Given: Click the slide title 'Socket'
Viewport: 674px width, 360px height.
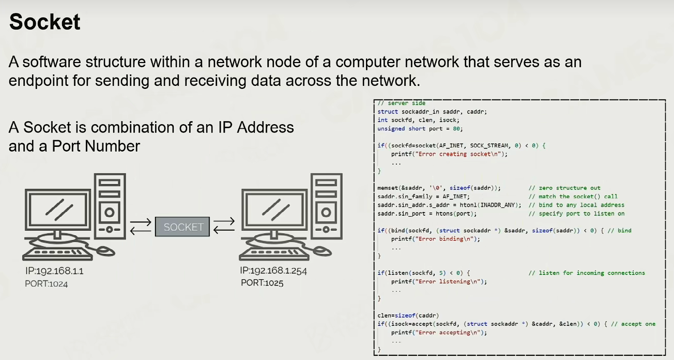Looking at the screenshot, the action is pyautogui.click(x=45, y=22).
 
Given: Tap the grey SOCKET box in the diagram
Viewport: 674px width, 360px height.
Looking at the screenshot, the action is pyautogui.click(x=182, y=227).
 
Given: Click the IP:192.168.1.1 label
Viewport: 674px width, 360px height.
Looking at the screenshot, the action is pyautogui.click(x=54, y=271).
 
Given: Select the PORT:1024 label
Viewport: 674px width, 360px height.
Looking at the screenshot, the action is pyautogui.click(x=47, y=284).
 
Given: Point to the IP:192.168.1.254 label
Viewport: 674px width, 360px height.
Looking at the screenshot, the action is pyautogui.click(x=273, y=271).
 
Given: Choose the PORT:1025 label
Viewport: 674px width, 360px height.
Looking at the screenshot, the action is pyautogui.click(x=262, y=283).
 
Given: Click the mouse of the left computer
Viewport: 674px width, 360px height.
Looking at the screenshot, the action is pyautogui.click(x=105, y=251).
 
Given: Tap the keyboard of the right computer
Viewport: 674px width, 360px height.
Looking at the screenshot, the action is pyautogui.click(x=274, y=254).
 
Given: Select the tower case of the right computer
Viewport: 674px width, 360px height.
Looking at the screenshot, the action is pyautogui.click(x=327, y=206).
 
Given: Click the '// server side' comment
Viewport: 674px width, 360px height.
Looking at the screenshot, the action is pyautogui.click(x=402, y=103).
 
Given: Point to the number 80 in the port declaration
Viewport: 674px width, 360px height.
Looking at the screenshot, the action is pyautogui.click(x=456, y=129).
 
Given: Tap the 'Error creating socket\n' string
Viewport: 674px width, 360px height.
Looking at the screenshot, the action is pyautogui.click(x=458, y=154).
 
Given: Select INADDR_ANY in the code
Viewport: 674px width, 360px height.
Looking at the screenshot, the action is pyautogui.click(x=499, y=205).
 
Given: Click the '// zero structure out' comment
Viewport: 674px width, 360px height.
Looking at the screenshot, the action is pyautogui.click(x=564, y=188).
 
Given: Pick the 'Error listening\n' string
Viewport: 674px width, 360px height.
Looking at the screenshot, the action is pyautogui.click(x=448, y=282).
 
